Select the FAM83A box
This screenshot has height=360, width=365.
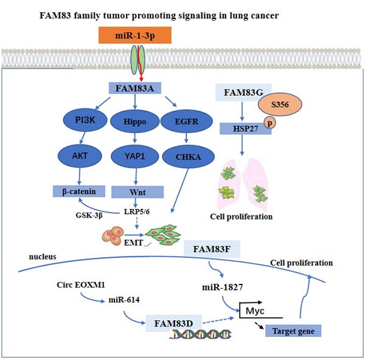pos(134,88)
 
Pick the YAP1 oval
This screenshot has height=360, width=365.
pos(134,155)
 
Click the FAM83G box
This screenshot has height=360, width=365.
pos(243,93)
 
